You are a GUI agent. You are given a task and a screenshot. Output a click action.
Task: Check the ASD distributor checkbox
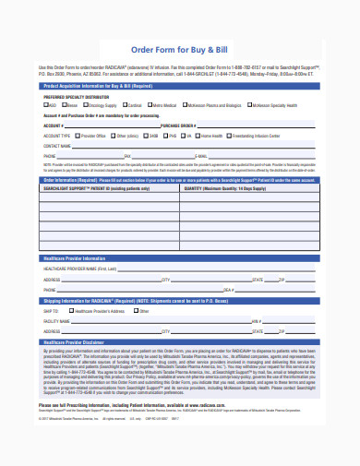coord(46,105)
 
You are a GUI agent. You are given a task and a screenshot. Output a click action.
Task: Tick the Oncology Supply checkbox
coord(84,105)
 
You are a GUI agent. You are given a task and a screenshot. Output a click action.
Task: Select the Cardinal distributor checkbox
coord(127,105)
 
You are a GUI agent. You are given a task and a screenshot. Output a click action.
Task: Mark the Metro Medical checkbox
coord(153,105)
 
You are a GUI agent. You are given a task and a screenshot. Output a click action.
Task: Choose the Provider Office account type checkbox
coord(77,134)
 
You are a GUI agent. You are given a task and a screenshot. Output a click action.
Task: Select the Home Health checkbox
coord(198,134)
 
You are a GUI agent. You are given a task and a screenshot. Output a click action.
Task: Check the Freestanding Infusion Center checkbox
coord(229,134)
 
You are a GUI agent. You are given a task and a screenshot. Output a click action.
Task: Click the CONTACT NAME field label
coord(57,145)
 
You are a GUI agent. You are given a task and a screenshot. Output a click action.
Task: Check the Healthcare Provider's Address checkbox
coord(74,312)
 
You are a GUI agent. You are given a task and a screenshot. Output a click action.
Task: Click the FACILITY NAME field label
coord(56,322)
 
